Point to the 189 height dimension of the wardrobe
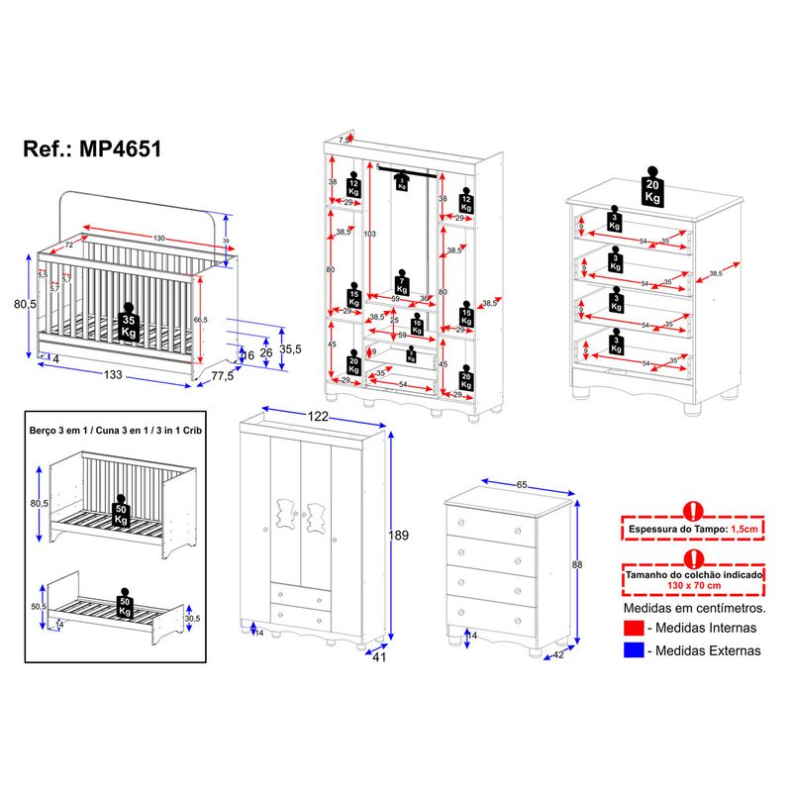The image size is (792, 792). pyautogui.click(x=398, y=535)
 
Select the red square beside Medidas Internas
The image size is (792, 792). pyautogui.click(x=635, y=628)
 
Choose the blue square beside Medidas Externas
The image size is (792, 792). pyautogui.click(x=635, y=650)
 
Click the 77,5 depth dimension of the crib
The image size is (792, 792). pyautogui.click(x=222, y=375)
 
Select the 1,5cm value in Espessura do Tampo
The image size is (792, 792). pyautogui.click(x=745, y=531)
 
